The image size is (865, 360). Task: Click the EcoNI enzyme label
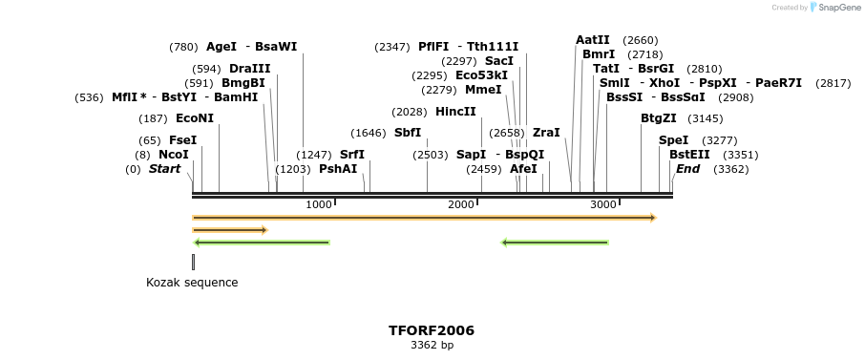pos(195,118)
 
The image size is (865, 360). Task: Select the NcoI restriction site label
pos(174,155)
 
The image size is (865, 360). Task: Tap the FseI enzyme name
pos(182,140)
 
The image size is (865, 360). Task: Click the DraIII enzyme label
pos(249,69)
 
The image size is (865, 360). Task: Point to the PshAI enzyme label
pos(338,169)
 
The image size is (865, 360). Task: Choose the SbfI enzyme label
pos(408,133)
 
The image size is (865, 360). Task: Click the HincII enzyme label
pos(455,112)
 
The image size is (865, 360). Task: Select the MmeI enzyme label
pos(483,90)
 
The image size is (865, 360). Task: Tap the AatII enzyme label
pos(593,40)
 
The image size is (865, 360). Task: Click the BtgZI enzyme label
pos(659,118)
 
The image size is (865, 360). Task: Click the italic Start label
pos(164,169)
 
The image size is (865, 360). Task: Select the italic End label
pos(687,169)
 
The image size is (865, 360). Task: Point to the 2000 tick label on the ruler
pos(461,205)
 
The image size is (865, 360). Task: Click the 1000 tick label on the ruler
pos(319,205)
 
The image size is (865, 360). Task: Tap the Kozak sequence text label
pos(192,283)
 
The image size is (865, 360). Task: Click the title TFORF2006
pos(432,330)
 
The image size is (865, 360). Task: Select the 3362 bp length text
pos(432,346)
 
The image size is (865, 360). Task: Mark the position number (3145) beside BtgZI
pos(706,118)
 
